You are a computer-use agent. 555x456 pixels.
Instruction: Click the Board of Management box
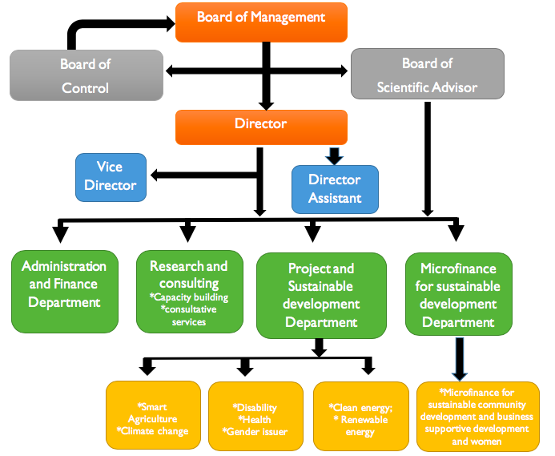[261, 22]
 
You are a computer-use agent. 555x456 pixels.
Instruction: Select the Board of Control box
[86, 75]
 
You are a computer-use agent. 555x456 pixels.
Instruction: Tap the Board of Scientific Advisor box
[427, 75]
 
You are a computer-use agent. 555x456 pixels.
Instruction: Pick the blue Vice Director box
[111, 177]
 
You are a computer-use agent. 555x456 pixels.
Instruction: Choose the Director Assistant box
[335, 189]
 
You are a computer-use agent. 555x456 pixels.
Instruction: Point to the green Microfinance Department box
[459, 294]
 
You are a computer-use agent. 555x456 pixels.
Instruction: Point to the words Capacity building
[190, 298]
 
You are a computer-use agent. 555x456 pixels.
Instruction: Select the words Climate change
[152, 432]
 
